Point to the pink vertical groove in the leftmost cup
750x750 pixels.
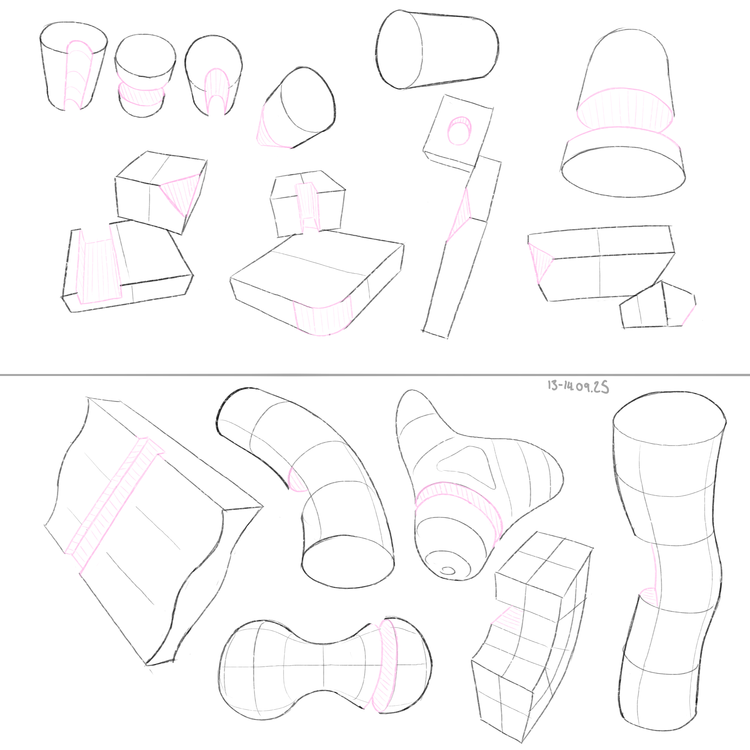point(79,75)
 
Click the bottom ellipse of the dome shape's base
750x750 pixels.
point(623,172)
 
